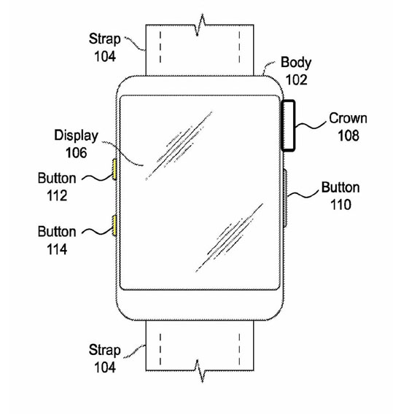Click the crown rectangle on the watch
coord(288,125)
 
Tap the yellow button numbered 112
coord(114,169)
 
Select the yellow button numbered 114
coord(114,225)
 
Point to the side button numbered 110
coord(285,198)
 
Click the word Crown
coord(348,118)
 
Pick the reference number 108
coord(349,136)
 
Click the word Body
coord(296,63)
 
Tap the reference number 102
coord(297,79)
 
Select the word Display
coord(76,136)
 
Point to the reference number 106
coord(76,152)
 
